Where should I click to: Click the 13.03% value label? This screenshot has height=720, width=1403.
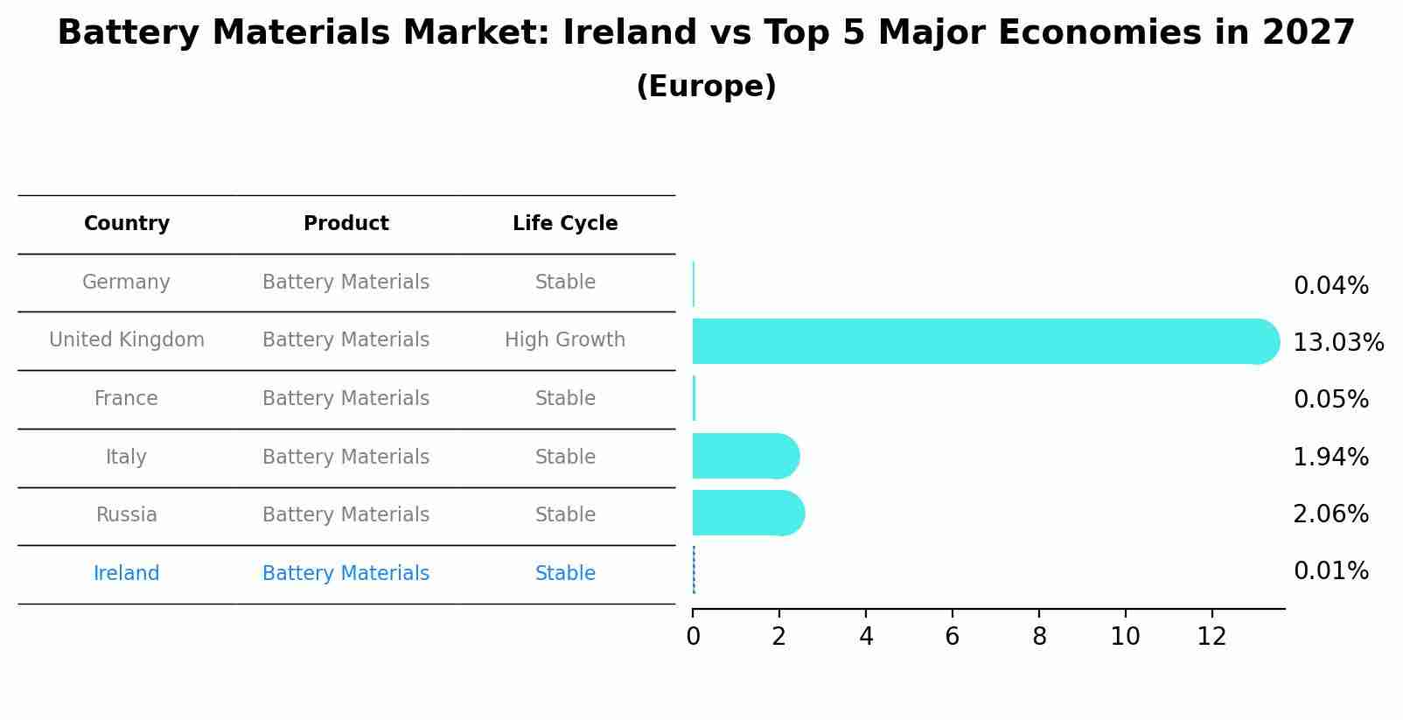coord(1337,343)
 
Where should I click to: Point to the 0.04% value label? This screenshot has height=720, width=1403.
coord(1330,286)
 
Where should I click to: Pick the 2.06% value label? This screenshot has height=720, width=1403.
coord(1330,514)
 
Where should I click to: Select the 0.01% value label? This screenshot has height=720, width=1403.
coord(1330,571)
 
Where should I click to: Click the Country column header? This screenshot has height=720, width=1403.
coord(127,224)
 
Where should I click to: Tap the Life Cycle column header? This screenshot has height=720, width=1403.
coord(565,224)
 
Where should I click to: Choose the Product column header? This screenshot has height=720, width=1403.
coord(346,224)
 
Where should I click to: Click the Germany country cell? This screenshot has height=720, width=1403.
coord(126,283)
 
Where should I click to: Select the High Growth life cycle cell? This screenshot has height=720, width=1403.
coord(565,340)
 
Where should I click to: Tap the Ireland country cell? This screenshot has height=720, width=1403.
coord(126,574)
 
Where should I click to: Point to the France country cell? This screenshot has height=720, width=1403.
coord(126,399)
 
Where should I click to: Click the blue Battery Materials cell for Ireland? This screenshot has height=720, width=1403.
coord(346,574)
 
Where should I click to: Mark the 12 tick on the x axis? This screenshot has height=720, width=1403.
coord(1211,637)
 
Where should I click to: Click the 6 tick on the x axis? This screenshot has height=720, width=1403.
coord(953,637)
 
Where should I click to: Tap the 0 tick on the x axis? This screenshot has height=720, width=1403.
coord(693,637)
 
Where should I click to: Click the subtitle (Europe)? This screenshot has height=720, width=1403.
coord(706,87)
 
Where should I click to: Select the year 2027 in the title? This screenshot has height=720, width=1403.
coord(1308,33)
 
